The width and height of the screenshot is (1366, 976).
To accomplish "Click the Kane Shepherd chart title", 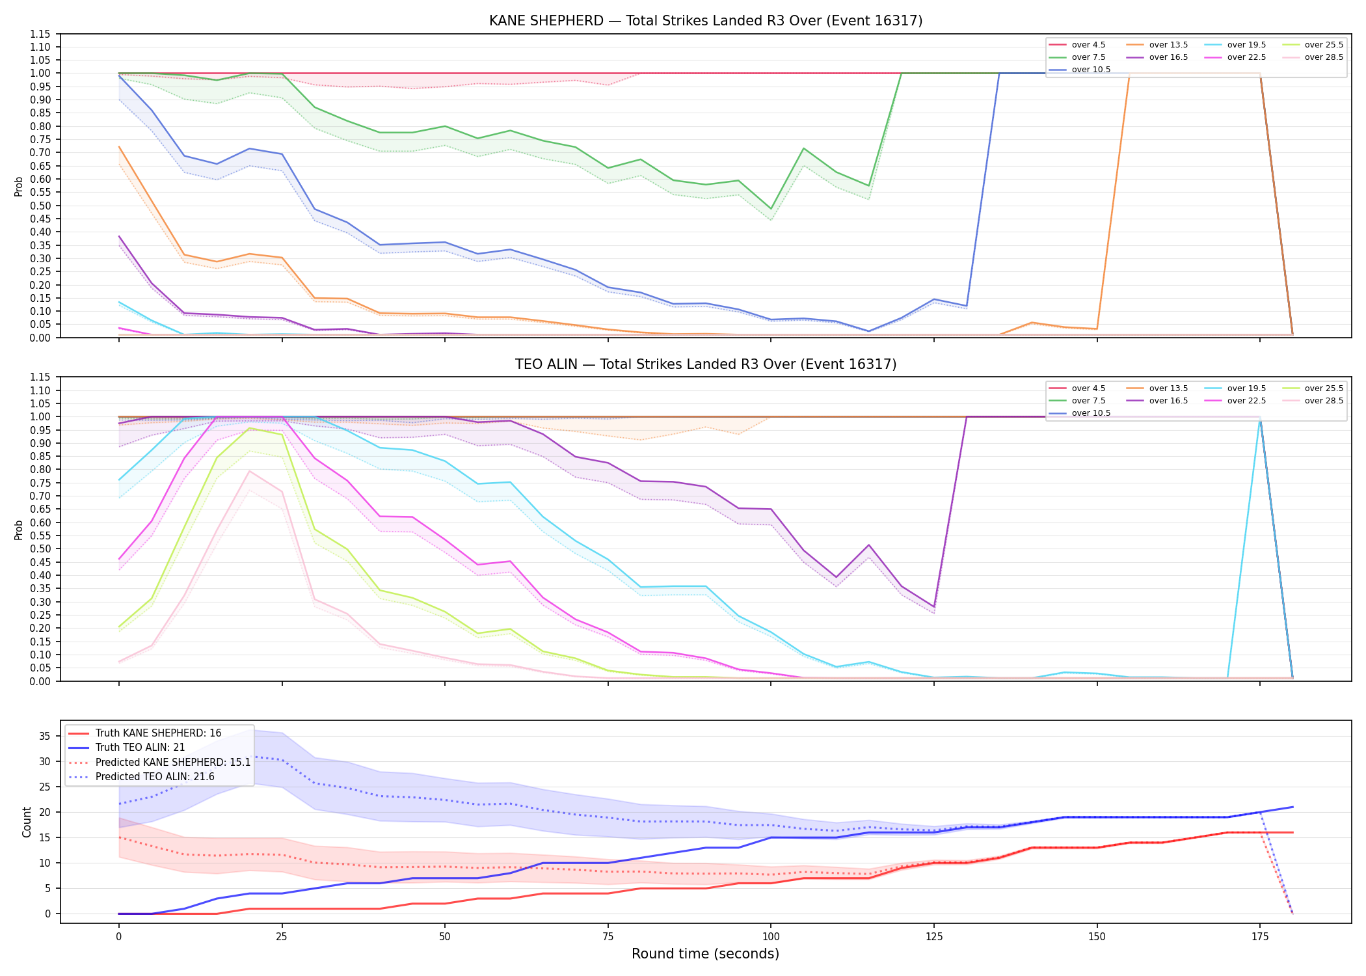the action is pos(706,21).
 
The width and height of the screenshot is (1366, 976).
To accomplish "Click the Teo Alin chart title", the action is pos(706,364).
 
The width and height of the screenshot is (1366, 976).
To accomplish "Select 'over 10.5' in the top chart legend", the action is pos(1091,70).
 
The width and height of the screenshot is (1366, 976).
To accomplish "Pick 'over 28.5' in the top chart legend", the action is pos(1324,57).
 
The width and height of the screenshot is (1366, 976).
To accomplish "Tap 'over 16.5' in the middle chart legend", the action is pos(1169,401).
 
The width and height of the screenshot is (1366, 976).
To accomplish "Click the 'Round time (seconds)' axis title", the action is pos(705,954).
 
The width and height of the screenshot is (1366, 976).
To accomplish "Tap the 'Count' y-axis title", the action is pos(27,822).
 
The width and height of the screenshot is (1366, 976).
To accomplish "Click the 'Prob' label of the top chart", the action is pos(19,187).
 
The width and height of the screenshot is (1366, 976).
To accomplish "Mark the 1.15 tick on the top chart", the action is pos(41,34).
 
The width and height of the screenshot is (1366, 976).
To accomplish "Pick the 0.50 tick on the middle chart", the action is pos(41,549).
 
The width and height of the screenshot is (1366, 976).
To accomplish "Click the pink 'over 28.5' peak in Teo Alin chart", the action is pos(249,471).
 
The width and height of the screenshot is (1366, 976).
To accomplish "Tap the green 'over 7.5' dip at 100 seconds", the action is pos(771,209).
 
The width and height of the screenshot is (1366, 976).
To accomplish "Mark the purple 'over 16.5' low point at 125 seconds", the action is pos(934,607).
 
